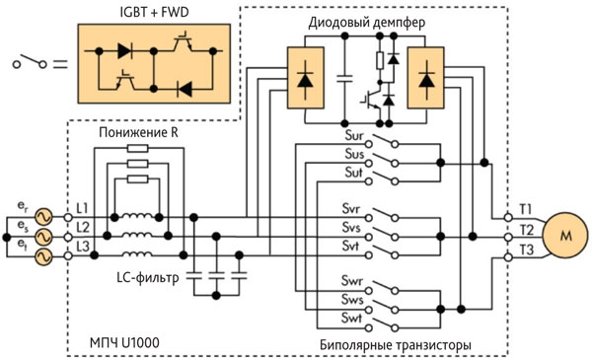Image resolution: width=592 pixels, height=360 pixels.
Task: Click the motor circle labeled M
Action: pyautogui.click(x=565, y=236)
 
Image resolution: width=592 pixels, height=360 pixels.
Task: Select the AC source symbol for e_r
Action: pyautogui.click(x=43, y=217)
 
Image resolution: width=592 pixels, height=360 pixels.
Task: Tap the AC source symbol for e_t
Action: pyautogui.click(x=43, y=256)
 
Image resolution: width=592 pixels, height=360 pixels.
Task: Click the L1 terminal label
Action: pyautogui.click(x=82, y=208)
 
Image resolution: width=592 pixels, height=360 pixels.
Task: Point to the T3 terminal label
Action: pyautogui.click(x=526, y=250)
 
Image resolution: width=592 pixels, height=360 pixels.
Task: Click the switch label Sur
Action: pyautogui.click(x=354, y=135)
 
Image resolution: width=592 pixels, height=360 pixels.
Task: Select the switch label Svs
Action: pyautogui.click(x=351, y=228)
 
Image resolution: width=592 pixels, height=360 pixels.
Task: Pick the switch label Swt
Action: pyautogui.click(x=351, y=318)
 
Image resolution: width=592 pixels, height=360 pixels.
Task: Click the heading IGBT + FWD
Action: pyautogui.click(x=154, y=13)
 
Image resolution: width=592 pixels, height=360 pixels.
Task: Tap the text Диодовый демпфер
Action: pyautogui.click(x=367, y=23)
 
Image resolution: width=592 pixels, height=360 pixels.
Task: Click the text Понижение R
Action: pyautogui.click(x=138, y=133)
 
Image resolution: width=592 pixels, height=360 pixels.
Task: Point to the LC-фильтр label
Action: pyautogui.click(x=148, y=278)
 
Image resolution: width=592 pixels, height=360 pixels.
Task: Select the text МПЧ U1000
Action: pyautogui.click(x=124, y=342)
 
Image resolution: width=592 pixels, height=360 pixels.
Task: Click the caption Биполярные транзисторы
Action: pyautogui.click(x=396, y=345)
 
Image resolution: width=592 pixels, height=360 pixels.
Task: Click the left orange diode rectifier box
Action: pyautogui.click(x=306, y=78)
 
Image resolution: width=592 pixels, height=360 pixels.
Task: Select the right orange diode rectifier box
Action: pyautogui.click(x=425, y=78)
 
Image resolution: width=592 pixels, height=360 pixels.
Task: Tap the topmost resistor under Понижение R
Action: pyautogui.click(x=138, y=148)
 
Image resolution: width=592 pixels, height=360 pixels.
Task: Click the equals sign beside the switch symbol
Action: pyautogui.click(x=60, y=64)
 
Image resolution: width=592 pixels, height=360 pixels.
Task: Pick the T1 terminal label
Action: pyautogui.click(x=526, y=209)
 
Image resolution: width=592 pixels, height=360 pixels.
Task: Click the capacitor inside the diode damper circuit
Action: pyautogui.click(x=344, y=79)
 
